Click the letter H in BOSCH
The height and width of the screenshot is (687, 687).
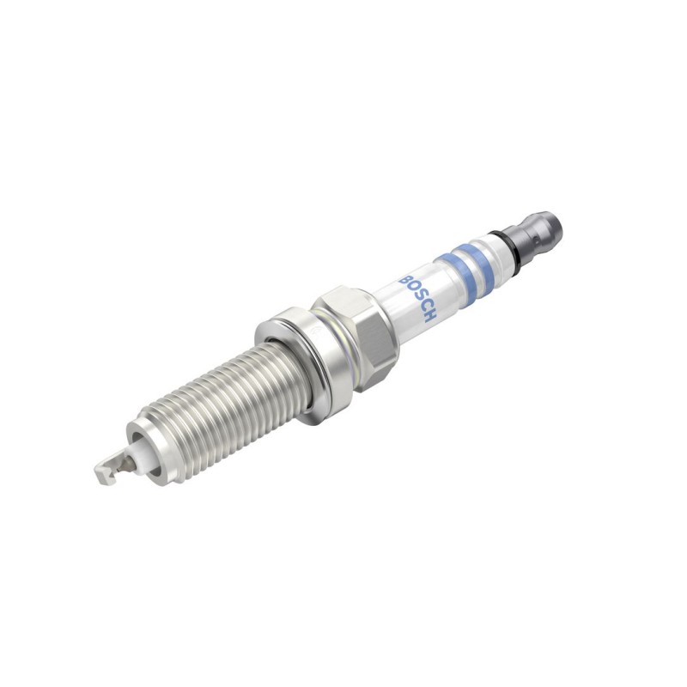pos(431,318)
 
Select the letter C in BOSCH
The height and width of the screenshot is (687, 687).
pos(425,308)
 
